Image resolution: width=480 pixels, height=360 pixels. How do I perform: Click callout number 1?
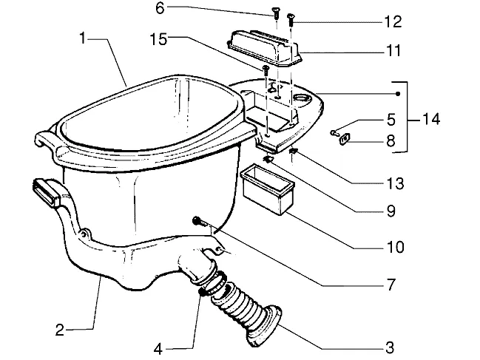pyautogui.click(x=82, y=38)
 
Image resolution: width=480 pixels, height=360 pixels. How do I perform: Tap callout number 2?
pyautogui.click(x=60, y=330)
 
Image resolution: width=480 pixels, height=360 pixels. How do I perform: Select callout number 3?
pyautogui.click(x=390, y=347)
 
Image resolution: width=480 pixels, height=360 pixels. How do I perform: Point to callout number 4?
pyautogui.click(x=158, y=349)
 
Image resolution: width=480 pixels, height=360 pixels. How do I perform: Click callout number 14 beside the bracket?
pyautogui.click(x=431, y=119)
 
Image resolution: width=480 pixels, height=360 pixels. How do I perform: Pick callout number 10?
pyautogui.click(x=395, y=247)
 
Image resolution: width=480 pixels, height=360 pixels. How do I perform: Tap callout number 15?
pyautogui.click(x=158, y=39)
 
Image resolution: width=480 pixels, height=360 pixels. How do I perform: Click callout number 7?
pyautogui.click(x=391, y=285)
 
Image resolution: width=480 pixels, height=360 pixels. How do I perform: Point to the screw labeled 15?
pyautogui.click(x=266, y=70)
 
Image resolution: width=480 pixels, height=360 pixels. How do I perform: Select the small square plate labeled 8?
pyautogui.click(x=344, y=138)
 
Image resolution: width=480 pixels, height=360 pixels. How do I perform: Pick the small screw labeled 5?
pyautogui.click(x=334, y=133)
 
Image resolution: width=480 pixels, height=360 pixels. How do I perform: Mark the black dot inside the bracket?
pyautogui.click(x=398, y=94)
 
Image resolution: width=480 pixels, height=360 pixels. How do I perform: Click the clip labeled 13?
pyautogui.click(x=294, y=151)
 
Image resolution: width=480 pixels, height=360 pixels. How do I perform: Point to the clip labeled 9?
pyautogui.click(x=268, y=159)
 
